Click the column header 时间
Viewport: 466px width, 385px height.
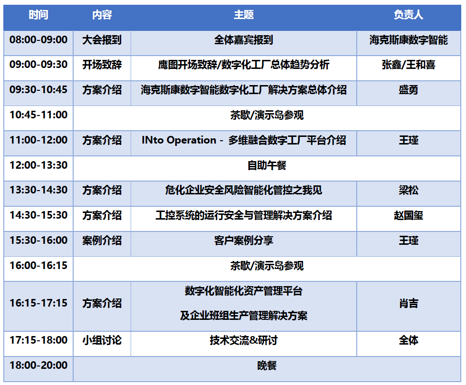tap(38, 15)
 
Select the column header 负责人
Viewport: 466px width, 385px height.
tap(409, 15)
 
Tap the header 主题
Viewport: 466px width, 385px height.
tap(244, 15)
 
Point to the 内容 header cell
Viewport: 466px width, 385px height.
tap(102, 15)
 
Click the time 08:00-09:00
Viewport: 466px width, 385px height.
tap(38, 39)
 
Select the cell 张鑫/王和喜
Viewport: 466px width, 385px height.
tap(409, 65)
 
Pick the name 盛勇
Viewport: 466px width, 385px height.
tap(409, 90)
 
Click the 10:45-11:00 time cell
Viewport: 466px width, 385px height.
tap(38, 115)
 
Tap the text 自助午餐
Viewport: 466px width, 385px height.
tap(266, 165)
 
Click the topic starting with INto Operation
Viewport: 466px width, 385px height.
tap(244, 140)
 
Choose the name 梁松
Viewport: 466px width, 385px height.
tap(409, 190)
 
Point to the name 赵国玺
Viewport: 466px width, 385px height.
tap(409, 215)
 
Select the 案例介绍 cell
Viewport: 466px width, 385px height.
tap(102, 241)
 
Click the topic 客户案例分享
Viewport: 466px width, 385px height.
tap(244, 241)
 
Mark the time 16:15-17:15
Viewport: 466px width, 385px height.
tap(38, 303)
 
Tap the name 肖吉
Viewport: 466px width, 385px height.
tap(409, 303)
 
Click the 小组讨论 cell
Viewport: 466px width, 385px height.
tap(102, 340)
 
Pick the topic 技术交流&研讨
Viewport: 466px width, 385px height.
tap(244, 340)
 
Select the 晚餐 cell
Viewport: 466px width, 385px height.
tap(266, 366)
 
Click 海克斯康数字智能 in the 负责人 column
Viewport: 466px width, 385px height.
tap(409, 40)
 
